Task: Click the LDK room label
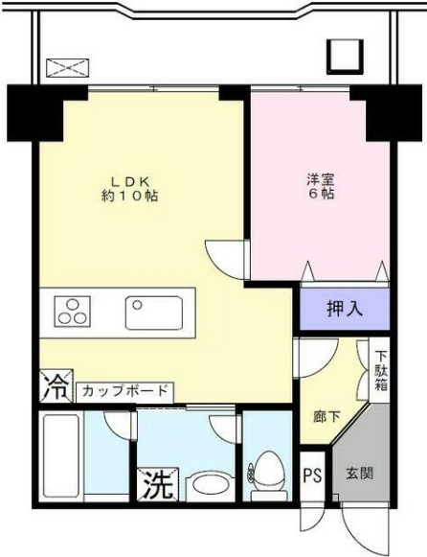point(131,179)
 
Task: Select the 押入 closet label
point(345,309)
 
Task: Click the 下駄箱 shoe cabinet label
point(380,372)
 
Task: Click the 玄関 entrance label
point(360,473)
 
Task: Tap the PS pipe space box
point(312,476)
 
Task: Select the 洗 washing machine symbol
point(158,484)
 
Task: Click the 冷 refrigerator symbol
point(55,387)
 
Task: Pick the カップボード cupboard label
point(124,391)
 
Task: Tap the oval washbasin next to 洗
point(205,484)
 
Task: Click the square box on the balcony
point(343,58)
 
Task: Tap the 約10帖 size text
point(130,196)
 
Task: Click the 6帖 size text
point(320,194)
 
